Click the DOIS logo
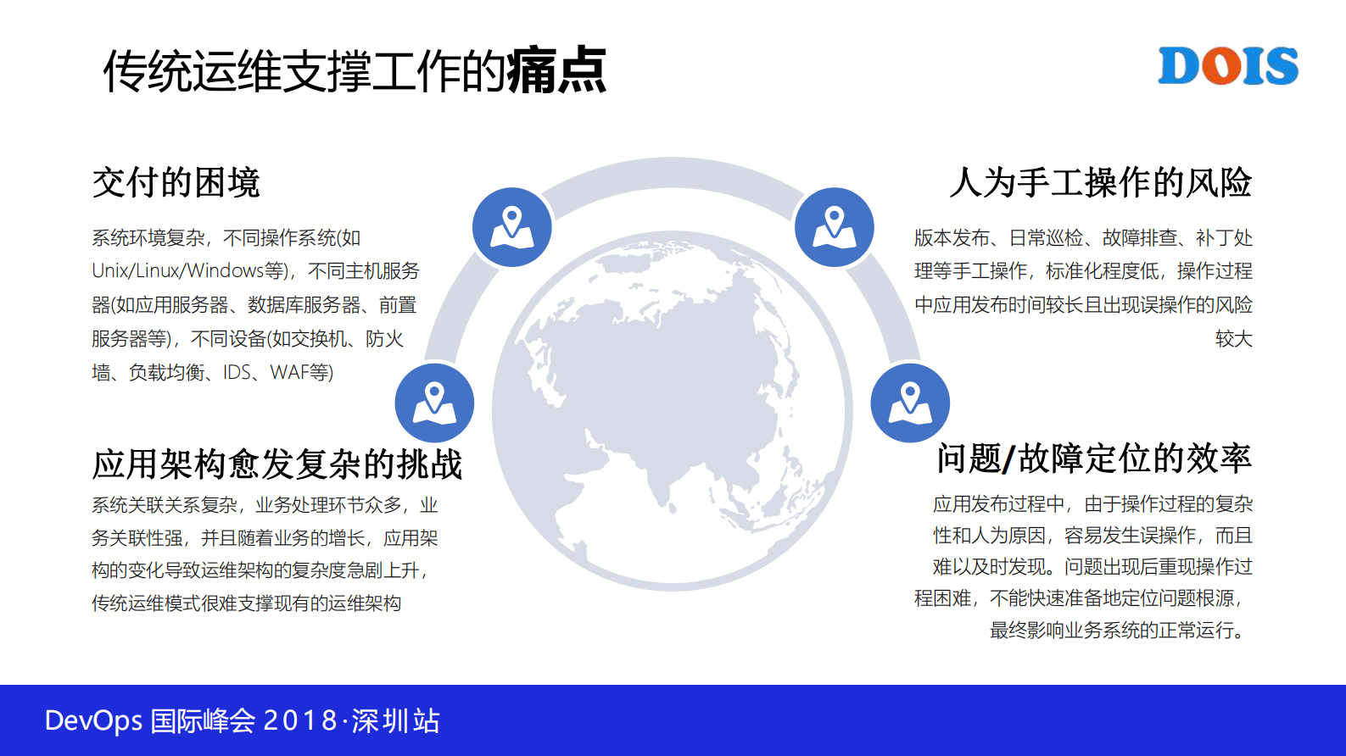pos(1227,66)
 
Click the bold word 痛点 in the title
pos(556,70)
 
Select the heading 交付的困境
pos(176,182)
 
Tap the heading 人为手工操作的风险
pos(1100,182)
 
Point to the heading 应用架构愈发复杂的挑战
pos(276,464)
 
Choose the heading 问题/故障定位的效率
pos(1094,459)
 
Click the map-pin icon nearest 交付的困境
pos(511,227)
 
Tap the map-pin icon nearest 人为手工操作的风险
pos(835,227)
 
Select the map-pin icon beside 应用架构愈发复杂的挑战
pos(434,403)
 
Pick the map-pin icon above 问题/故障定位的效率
pos(910,403)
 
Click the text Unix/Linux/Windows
pos(178,271)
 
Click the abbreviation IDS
pos(237,373)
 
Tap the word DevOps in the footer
pos(93,721)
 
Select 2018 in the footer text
pos(300,721)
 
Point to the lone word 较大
pos(1233,339)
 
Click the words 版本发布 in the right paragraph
pos(952,238)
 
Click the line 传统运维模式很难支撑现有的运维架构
pos(246,603)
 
